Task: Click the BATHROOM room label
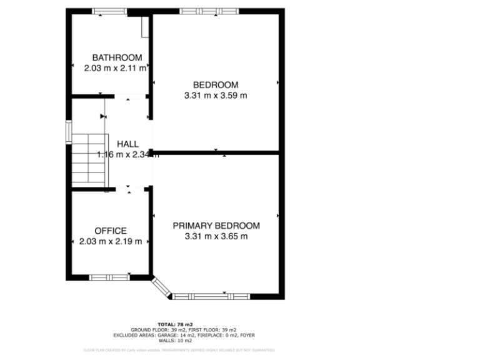point(112,57)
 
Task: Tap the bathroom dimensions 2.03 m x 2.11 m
point(116,67)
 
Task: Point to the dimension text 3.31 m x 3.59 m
point(216,96)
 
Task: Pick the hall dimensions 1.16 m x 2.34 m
point(127,154)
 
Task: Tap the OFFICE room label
point(111,231)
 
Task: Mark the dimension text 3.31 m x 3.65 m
point(216,236)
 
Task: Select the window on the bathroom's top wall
point(109,11)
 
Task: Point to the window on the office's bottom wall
point(109,277)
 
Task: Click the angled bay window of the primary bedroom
point(161,288)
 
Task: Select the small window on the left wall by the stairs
point(69,132)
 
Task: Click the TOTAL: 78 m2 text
point(183,324)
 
